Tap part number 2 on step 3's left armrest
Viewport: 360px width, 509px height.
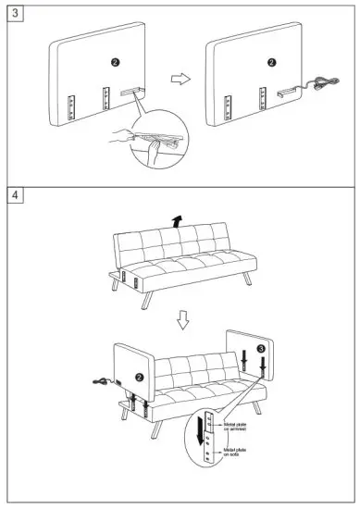click(x=114, y=61)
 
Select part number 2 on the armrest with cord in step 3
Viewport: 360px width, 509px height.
click(x=270, y=62)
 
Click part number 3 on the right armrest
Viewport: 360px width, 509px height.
click(x=261, y=347)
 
